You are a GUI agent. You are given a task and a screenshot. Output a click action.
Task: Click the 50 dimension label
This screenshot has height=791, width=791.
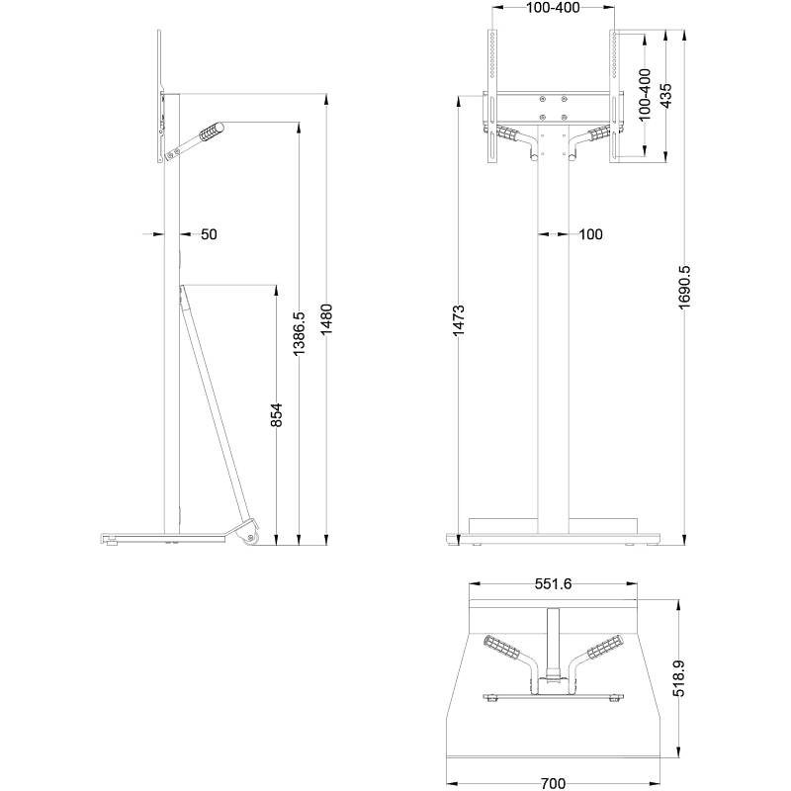(209, 234)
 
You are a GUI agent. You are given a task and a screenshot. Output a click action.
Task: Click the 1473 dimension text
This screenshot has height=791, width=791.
(458, 321)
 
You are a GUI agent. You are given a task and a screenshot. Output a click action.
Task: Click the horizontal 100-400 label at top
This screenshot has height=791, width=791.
(553, 8)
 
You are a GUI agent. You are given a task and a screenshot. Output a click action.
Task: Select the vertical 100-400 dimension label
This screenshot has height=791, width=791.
(644, 95)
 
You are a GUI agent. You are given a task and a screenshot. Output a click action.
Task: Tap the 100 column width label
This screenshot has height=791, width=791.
(590, 234)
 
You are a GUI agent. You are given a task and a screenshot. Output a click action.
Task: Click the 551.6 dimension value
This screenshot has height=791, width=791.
(553, 584)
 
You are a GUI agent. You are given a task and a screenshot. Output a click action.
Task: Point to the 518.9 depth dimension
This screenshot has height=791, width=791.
(680, 679)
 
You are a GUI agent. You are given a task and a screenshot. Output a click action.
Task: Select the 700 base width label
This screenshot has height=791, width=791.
(554, 783)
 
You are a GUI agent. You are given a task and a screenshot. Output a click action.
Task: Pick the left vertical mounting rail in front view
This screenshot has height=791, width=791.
(490, 94)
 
